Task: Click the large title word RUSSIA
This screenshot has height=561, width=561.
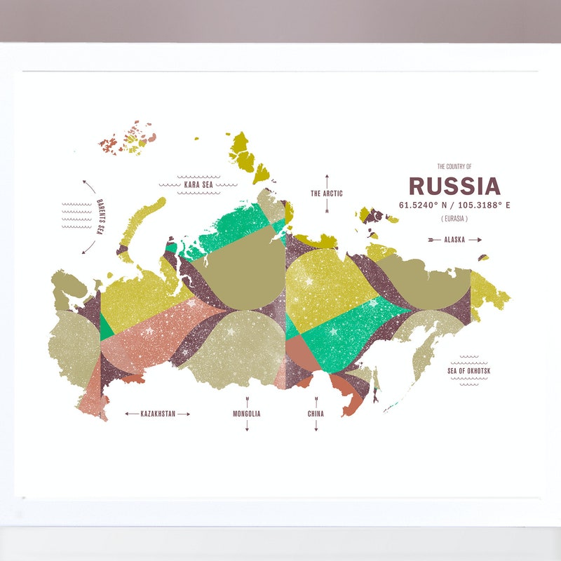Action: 454,187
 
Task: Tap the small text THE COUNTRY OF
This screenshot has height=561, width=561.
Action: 454,166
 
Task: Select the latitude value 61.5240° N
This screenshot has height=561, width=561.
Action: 424,205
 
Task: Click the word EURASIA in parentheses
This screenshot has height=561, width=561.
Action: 454,219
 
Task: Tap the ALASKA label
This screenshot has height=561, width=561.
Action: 454,240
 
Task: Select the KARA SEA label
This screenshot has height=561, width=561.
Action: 198,185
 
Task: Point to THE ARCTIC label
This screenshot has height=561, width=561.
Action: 326,194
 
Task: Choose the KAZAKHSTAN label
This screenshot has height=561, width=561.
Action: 157,414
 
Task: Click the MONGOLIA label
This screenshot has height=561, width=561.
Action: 247,414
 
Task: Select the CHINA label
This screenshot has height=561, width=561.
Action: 316,414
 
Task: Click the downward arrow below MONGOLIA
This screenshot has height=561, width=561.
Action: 247,426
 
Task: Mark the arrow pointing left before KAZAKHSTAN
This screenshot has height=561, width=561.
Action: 131,414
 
